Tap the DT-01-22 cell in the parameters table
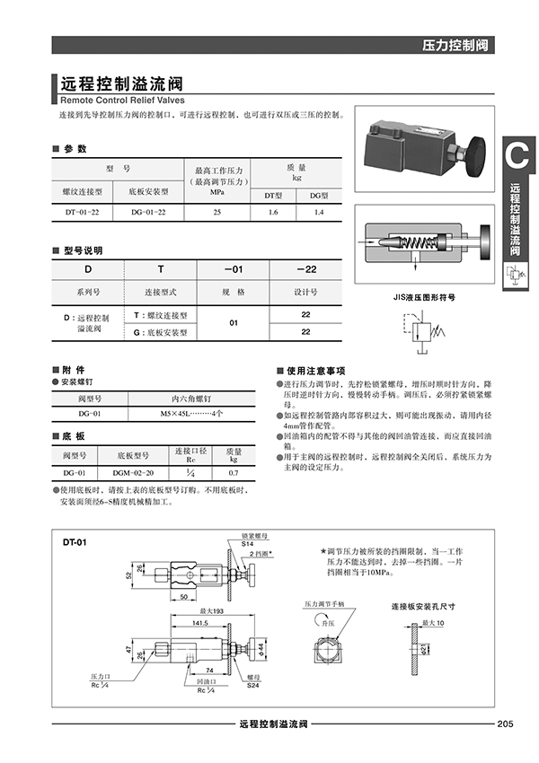88,212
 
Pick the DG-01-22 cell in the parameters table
148,212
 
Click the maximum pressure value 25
216,212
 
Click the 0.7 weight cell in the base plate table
233,472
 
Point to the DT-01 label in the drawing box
75,543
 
